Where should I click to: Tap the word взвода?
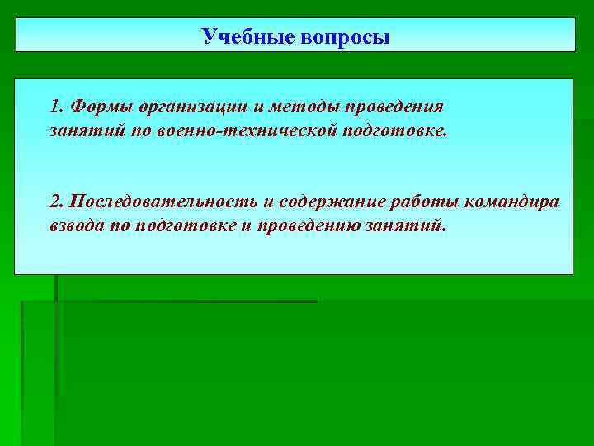pos(77,226)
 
